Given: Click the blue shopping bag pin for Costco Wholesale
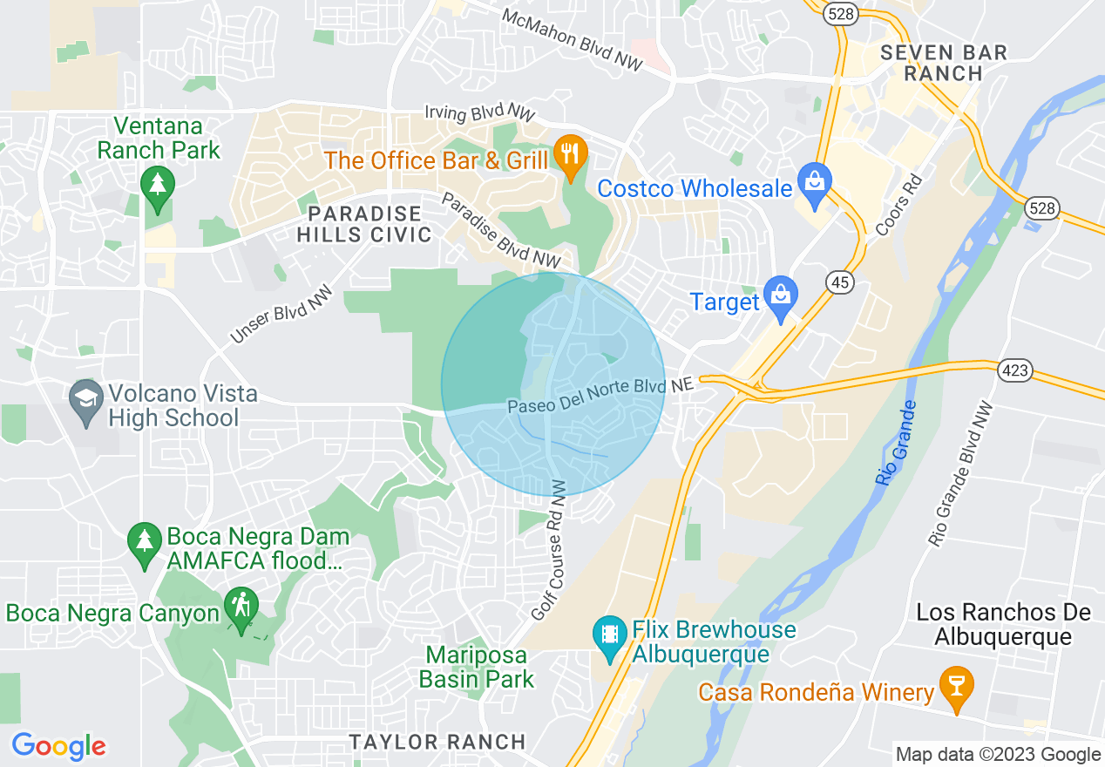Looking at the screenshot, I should click(815, 184).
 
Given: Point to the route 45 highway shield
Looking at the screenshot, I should click(840, 282).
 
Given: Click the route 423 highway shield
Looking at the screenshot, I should click(1016, 370).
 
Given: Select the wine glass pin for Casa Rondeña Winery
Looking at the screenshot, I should click(955, 689).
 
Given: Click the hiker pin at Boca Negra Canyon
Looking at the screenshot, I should click(241, 607).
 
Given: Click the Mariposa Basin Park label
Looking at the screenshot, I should click(476, 667).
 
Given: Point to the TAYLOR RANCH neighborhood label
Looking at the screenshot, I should click(437, 742).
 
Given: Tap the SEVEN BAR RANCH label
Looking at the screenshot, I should click(943, 63).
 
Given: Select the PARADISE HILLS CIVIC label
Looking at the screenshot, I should click(364, 224).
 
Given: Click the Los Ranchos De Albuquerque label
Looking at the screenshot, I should click(1003, 624).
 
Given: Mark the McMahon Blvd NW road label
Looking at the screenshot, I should click(573, 40).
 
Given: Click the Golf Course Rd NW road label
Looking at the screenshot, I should click(548, 549).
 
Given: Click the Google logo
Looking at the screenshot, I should click(58, 746).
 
